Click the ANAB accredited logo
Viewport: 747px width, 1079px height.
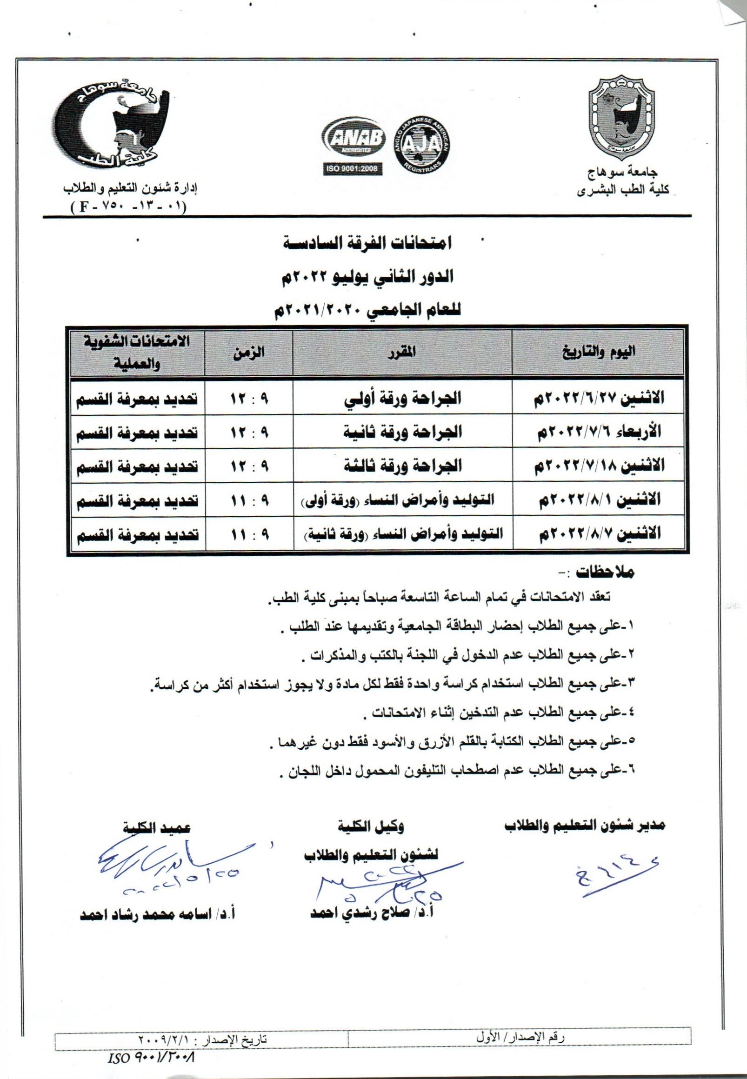(353, 139)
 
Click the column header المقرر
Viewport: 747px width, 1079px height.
(401, 352)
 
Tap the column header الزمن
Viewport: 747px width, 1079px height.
(249, 352)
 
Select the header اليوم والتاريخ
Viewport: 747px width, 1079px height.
(601, 352)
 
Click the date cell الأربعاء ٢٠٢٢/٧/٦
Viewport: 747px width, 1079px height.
(601, 432)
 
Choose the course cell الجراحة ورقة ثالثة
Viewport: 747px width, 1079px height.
(402, 466)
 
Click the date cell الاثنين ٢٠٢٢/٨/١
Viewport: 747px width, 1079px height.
(601, 499)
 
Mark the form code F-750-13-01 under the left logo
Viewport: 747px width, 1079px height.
(128, 206)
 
